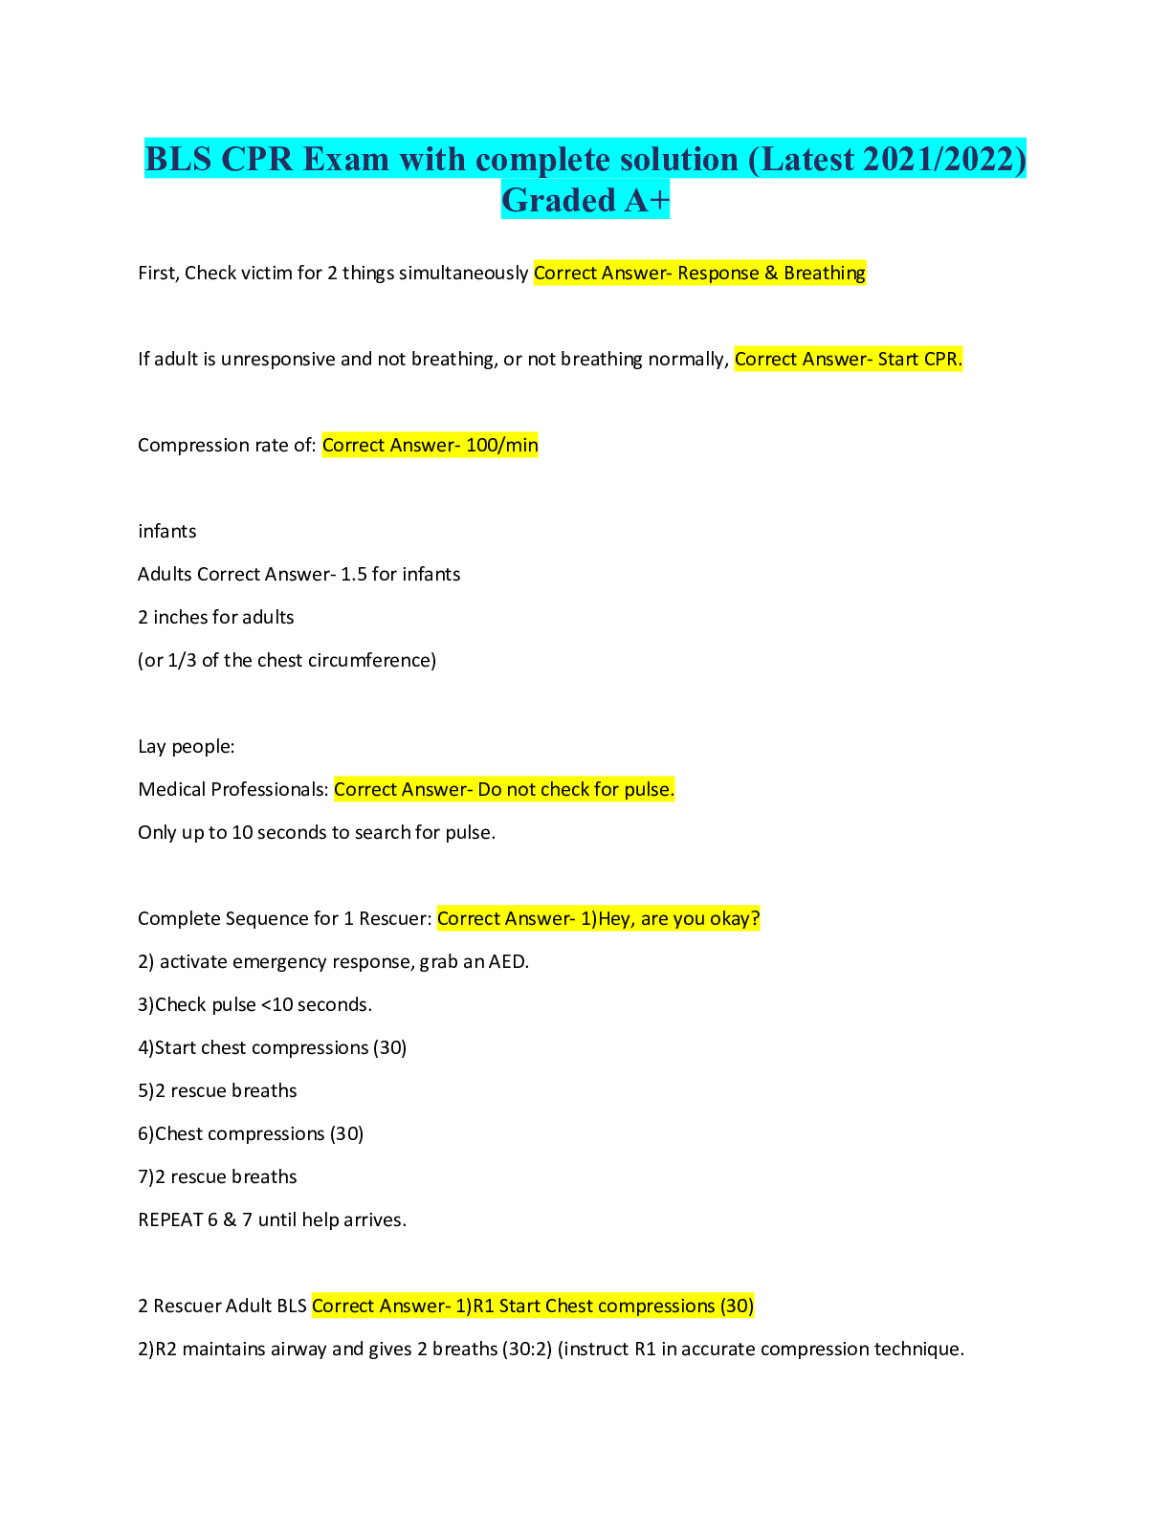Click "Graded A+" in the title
click(585, 201)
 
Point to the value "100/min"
click(502, 446)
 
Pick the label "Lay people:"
click(187, 747)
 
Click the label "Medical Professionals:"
click(233, 790)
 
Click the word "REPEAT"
click(170, 1220)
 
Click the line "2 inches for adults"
click(215, 618)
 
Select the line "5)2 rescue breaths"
click(217, 1091)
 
